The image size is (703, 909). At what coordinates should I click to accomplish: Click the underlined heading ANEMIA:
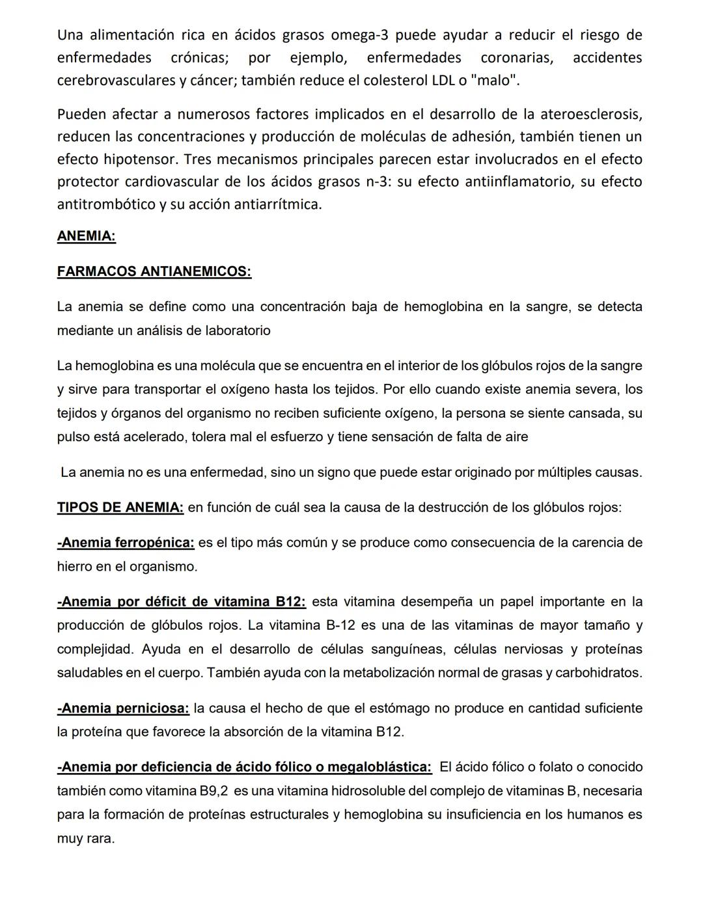pos(87,236)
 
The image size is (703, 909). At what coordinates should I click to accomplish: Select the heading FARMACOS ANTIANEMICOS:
pos(154,271)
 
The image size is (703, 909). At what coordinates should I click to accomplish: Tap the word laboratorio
pos(238,331)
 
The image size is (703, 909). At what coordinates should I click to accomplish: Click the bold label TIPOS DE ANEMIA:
pos(120,508)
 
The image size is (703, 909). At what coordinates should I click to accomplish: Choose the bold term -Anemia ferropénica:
pos(126,543)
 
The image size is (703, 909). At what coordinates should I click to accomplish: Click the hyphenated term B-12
pos(341,625)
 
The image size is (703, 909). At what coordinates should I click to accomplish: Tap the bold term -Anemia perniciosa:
pos(123,708)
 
